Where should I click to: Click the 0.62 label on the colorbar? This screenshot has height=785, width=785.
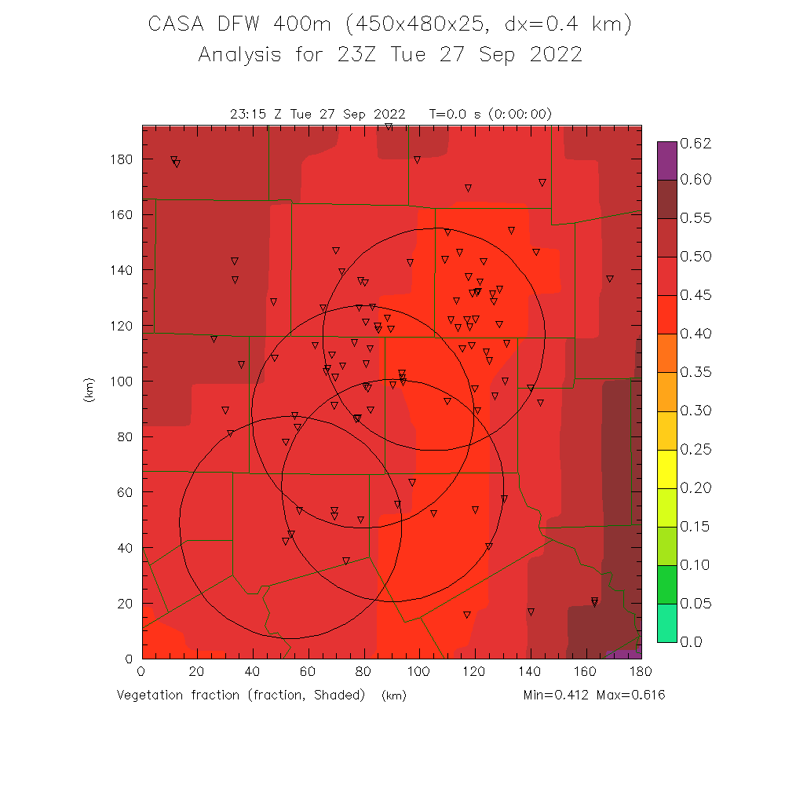tap(696, 143)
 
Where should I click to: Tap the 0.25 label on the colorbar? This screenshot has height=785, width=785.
tap(696, 450)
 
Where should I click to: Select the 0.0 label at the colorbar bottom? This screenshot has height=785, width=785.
tap(692, 642)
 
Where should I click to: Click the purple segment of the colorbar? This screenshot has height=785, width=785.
tap(666, 161)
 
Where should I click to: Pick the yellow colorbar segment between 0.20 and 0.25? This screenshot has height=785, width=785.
tap(666, 469)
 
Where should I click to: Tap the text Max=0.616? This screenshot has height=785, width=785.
tap(630, 696)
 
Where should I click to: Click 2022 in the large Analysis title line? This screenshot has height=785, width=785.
tap(554, 55)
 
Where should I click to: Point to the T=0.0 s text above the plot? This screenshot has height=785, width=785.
tap(456, 114)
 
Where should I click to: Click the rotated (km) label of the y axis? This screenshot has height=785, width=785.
tap(89, 390)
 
